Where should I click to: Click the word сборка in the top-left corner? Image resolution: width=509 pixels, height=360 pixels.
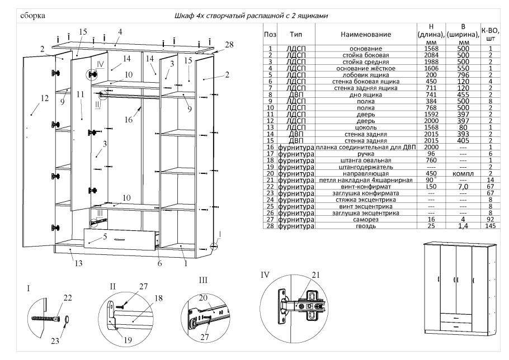(x=32, y=15)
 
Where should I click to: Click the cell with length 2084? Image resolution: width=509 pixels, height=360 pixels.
(x=431, y=56)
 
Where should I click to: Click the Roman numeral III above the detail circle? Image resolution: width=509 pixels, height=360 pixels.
(x=204, y=278)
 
